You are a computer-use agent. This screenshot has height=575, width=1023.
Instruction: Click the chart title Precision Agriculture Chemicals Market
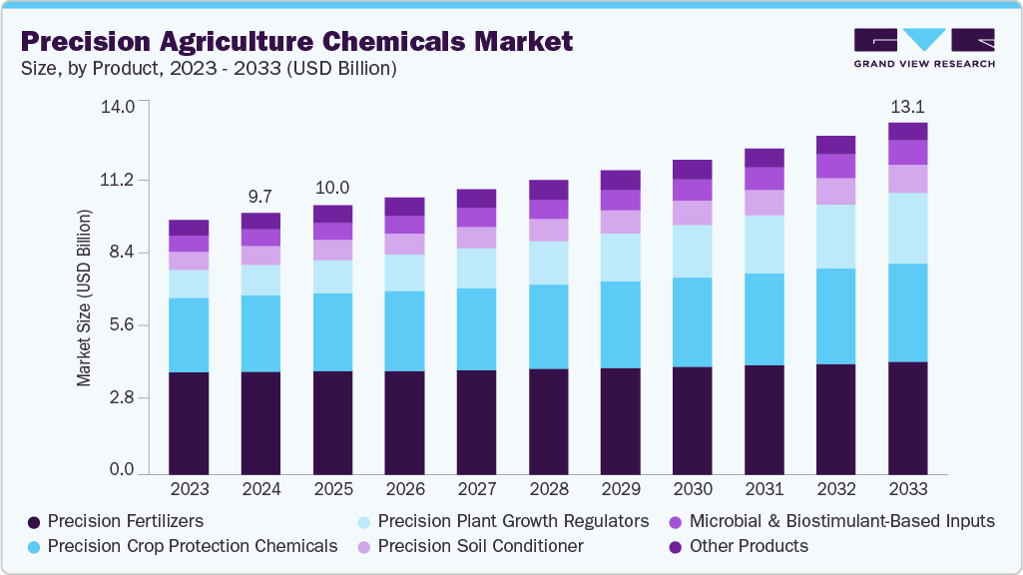coord(296,41)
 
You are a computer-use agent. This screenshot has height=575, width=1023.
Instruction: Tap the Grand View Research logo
coord(924,48)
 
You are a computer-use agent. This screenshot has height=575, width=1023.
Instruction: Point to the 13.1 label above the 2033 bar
coord(907,107)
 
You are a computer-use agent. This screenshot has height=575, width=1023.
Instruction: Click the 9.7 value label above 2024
coord(260,196)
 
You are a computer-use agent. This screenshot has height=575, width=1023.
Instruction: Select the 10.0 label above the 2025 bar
coord(332,188)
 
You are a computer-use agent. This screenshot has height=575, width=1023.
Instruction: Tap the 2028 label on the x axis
coord(548,490)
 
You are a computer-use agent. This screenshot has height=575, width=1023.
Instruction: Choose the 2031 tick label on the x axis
coord(764,490)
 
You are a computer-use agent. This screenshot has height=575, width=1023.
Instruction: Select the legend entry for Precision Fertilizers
coord(125,521)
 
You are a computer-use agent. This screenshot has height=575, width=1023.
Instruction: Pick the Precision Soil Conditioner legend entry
coord(480,546)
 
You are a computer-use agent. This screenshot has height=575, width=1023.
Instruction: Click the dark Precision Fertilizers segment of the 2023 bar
coord(189,423)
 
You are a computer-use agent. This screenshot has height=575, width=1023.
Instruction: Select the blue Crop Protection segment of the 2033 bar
coord(907,312)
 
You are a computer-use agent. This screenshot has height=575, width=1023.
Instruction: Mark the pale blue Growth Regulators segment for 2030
coord(692,252)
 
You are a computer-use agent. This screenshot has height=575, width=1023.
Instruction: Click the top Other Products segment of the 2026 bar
coord(404,207)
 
